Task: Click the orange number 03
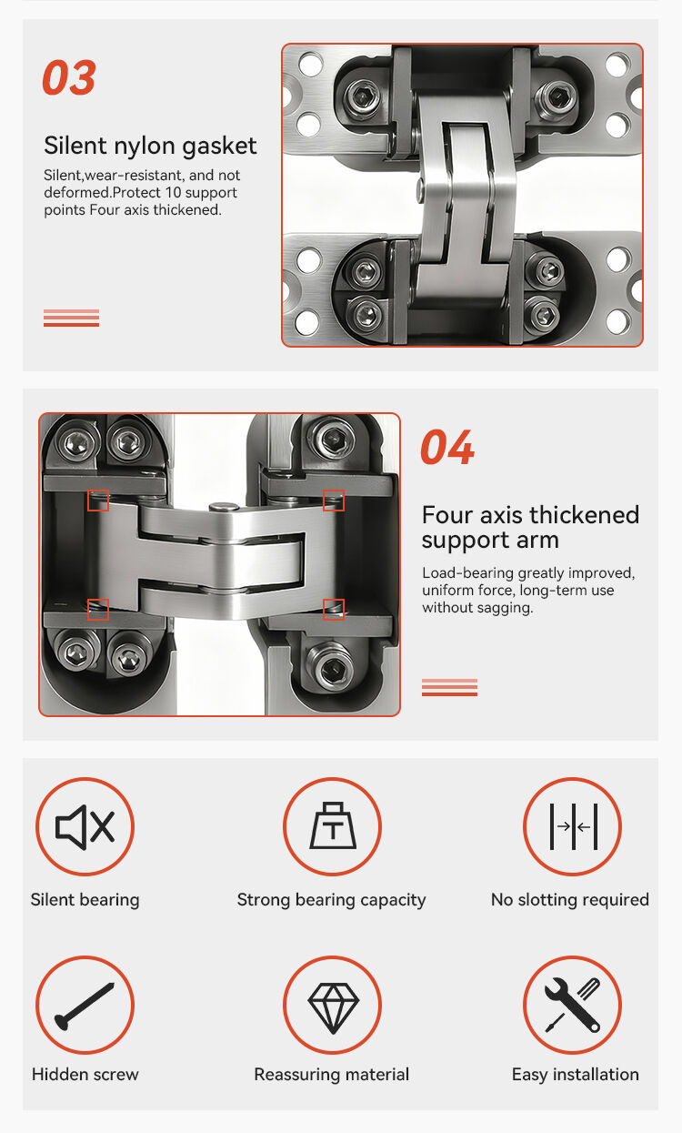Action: (x=69, y=76)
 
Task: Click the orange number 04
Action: (x=446, y=447)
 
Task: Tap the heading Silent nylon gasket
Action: (x=150, y=146)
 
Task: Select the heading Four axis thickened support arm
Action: (x=530, y=527)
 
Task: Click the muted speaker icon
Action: (x=85, y=826)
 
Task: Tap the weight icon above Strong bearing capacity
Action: (x=332, y=825)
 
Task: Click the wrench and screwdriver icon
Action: (x=572, y=1005)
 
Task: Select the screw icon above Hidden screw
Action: (x=85, y=1006)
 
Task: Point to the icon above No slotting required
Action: (x=573, y=826)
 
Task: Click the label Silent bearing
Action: (x=85, y=900)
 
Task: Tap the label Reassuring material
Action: (x=332, y=1075)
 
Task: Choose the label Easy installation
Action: (x=576, y=1075)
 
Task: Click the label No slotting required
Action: (x=570, y=900)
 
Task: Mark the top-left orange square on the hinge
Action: (x=98, y=501)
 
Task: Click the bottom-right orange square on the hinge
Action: (x=334, y=609)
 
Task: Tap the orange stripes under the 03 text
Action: (x=71, y=318)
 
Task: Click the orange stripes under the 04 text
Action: (x=449, y=687)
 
